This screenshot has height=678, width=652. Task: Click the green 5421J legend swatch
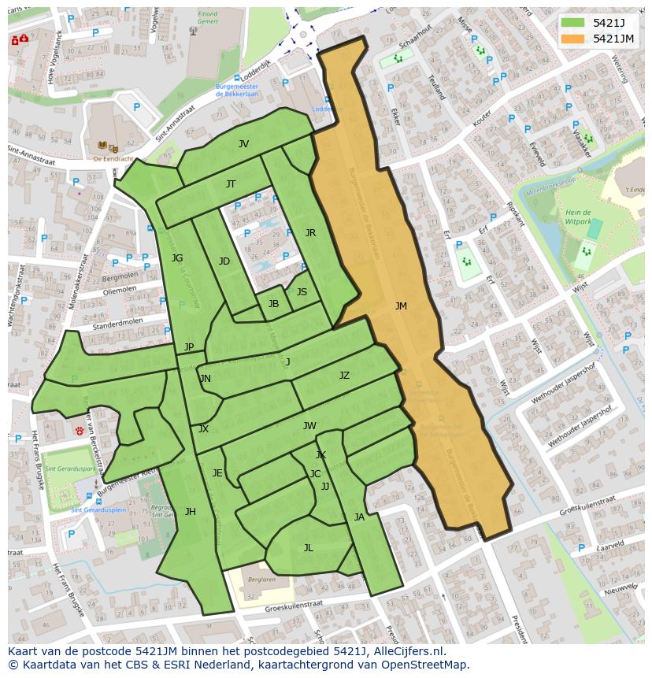(573, 23)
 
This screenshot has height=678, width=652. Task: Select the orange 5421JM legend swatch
(573, 39)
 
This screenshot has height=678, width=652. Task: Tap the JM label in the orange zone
(401, 306)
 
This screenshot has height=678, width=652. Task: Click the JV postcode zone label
(243, 144)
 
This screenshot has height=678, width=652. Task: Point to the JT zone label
(231, 184)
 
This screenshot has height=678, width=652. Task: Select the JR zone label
(310, 233)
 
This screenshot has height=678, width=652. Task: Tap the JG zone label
(177, 258)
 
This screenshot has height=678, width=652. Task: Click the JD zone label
(224, 261)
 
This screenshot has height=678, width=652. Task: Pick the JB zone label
(273, 304)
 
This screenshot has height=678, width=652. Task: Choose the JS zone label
(302, 292)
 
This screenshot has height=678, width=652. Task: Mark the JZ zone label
(344, 376)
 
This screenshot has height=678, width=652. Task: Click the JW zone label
(309, 426)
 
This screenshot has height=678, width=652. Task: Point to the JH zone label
(190, 512)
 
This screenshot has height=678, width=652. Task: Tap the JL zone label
(308, 548)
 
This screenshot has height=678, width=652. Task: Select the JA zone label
(359, 517)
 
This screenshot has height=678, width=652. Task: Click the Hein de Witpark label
(577, 218)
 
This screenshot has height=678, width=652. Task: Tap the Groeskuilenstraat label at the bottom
(294, 606)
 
